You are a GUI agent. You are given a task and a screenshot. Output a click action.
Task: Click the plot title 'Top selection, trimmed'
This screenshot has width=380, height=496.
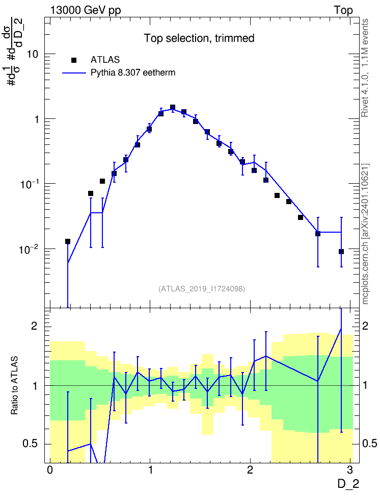[199, 38]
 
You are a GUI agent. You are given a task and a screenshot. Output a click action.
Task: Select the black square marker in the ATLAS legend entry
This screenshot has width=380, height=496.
[74, 60]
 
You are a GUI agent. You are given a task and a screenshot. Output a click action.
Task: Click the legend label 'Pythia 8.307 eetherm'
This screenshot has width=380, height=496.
[133, 73]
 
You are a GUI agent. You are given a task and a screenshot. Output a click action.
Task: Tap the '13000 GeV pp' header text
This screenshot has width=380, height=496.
[86, 10]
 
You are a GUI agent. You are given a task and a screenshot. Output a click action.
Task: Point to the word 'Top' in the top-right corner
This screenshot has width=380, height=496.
[343, 10]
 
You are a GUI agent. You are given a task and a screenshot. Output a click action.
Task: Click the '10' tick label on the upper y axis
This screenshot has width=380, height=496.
[32, 54]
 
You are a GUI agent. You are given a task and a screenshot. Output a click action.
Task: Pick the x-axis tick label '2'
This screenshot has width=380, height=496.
[250, 469]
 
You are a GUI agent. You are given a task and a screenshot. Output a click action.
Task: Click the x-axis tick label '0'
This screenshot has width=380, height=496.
[50, 469]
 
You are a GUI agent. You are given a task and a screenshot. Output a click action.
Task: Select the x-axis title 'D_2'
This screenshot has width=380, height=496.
[348, 484]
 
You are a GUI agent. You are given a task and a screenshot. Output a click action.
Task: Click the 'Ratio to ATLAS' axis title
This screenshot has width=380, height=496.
[14, 386]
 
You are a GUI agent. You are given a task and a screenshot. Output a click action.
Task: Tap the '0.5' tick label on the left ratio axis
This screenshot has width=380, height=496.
[30, 444]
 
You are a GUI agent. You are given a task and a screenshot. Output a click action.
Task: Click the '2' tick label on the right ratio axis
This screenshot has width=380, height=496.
[365, 326]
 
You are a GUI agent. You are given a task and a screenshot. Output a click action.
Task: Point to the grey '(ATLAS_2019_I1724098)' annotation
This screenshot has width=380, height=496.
[202, 289]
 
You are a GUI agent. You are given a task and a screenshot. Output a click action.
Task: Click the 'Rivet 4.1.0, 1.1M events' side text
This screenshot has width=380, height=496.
[365, 68]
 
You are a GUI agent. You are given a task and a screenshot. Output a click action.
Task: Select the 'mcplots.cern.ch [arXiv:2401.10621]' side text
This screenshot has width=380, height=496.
[365, 234]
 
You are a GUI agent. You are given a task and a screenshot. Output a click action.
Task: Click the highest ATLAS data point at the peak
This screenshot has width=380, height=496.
[173, 107]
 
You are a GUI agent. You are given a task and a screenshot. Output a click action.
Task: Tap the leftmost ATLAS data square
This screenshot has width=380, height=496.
[68, 241]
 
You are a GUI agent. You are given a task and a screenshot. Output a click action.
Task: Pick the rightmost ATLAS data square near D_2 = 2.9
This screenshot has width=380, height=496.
[341, 252]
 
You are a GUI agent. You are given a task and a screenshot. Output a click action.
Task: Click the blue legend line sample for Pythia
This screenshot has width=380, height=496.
[74, 73]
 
